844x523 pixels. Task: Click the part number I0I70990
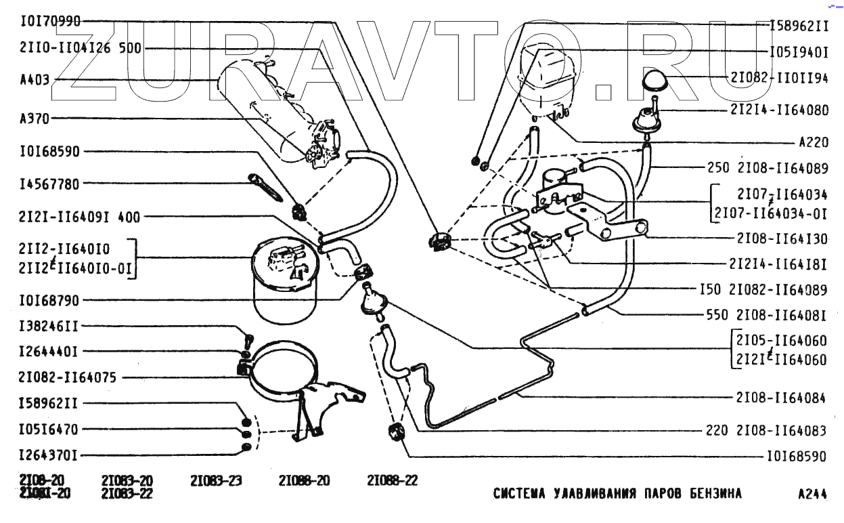[x=50, y=21]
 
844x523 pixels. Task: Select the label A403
[x=35, y=80]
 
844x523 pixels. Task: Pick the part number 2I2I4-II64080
[x=778, y=110]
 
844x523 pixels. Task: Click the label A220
[x=812, y=143]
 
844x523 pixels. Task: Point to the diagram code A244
[x=812, y=494]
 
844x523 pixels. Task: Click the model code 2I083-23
[x=216, y=481]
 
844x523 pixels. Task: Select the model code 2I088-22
[x=392, y=481]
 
